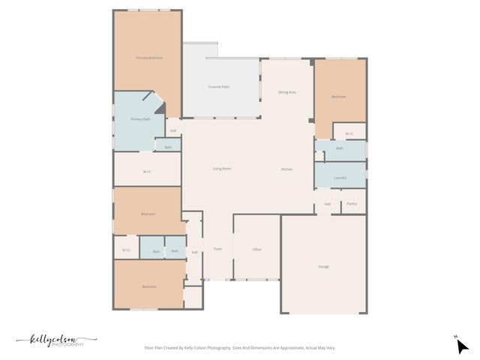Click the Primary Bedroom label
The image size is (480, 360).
[149, 58]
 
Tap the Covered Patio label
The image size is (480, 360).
[219, 87]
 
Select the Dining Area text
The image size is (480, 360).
[287, 92]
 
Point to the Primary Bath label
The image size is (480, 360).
[141, 119]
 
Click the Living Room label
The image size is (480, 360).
[222, 169]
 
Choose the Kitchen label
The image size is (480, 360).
[287, 169]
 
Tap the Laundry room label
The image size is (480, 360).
[340, 178]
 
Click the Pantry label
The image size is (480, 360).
[352, 204]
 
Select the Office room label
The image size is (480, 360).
[256, 250]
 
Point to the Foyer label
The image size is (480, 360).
[217, 249]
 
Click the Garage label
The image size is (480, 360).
[323, 266]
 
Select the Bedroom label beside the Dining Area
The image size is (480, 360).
[339, 97]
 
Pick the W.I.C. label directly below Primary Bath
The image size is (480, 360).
[148, 172]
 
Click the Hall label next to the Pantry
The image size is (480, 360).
[328, 204]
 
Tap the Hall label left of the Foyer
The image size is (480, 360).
[194, 252]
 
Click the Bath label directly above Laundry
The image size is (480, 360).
[340, 148]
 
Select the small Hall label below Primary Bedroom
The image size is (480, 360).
[173, 131]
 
